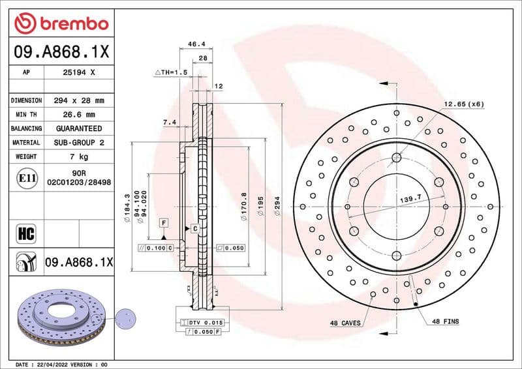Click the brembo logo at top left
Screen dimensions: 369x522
(x=61, y=24)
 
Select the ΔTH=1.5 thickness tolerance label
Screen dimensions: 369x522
(x=171, y=72)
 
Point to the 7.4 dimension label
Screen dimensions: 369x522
(x=170, y=122)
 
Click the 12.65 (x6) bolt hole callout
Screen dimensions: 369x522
(x=464, y=104)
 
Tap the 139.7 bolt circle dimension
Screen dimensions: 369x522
(x=408, y=197)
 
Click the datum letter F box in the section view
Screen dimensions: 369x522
(x=164, y=223)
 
